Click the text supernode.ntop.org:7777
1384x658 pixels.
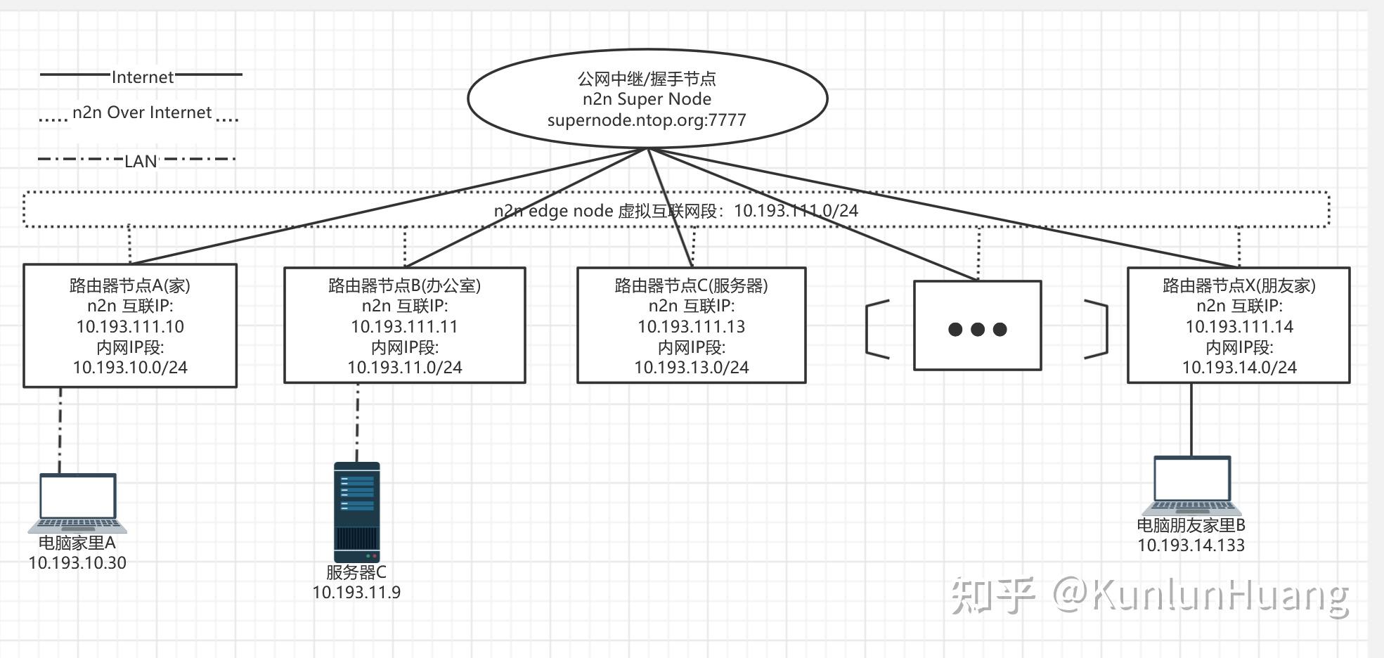coord(647,120)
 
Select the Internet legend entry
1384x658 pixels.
coord(143,77)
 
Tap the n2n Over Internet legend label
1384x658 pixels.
coord(142,112)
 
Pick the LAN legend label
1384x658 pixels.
coord(141,162)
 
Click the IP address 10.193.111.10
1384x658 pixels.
coord(130,327)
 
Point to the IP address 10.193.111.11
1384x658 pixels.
coord(404,327)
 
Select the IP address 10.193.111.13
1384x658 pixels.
coord(691,327)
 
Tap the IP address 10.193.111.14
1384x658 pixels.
coord(1239,327)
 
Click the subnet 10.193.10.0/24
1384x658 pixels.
coord(130,368)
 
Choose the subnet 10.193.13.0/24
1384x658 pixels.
coord(691,368)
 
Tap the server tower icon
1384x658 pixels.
coord(356,511)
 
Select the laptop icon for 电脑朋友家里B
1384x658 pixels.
coord(1192,486)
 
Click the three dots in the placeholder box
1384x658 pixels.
coord(977,329)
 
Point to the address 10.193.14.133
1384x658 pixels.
coord(1191,546)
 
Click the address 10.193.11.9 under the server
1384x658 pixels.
coord(356,593)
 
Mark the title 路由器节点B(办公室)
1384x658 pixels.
coord(404,285)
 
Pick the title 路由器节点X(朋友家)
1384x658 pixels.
coord(1239,285)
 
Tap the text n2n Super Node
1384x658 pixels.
coord(647,99)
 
